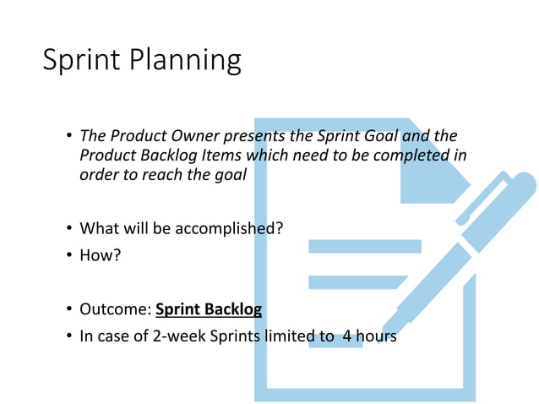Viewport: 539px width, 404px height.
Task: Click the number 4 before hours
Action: click(x=346, y=336)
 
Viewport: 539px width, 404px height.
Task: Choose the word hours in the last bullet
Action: click(x=376, y=336)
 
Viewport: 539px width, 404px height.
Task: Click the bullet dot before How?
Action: click(x=68, y=254)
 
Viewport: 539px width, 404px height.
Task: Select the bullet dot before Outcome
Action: click(x=68, y=310)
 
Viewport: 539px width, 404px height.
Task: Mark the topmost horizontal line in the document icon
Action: click(x=364, y=246)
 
